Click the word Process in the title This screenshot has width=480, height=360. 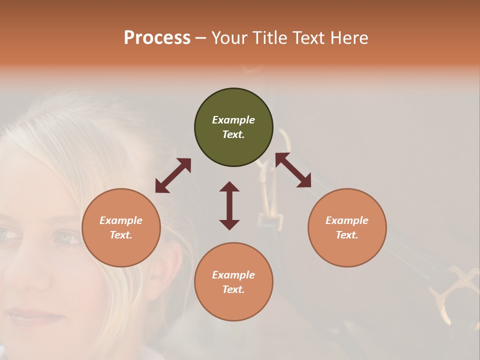[x=157, y=38]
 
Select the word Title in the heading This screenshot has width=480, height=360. [x=269, y=38]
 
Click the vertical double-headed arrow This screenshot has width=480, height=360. [x=229, y=205]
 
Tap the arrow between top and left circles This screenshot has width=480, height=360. [x=173, y=175]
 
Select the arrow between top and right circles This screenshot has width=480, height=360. [x=293, y=170]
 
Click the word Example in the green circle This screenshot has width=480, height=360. [x=233, y=120]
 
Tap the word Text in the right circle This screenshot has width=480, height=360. [x=347, y=235]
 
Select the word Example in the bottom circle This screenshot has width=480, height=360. [x=233, y=275]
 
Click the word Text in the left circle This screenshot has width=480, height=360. [x=121, y=235]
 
